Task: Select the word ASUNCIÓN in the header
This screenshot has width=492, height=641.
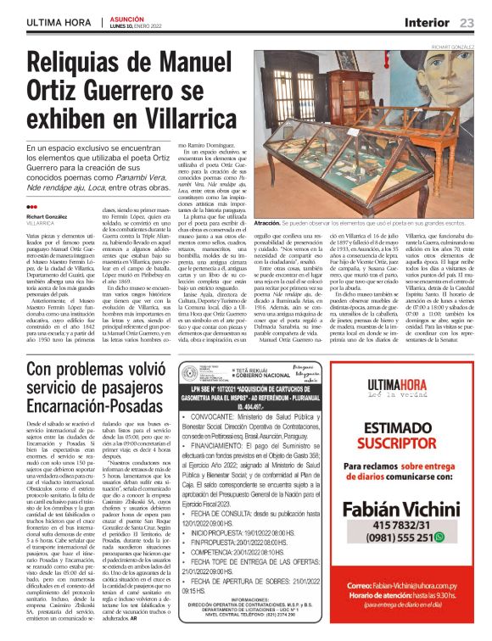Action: click(x=129, y=18)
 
